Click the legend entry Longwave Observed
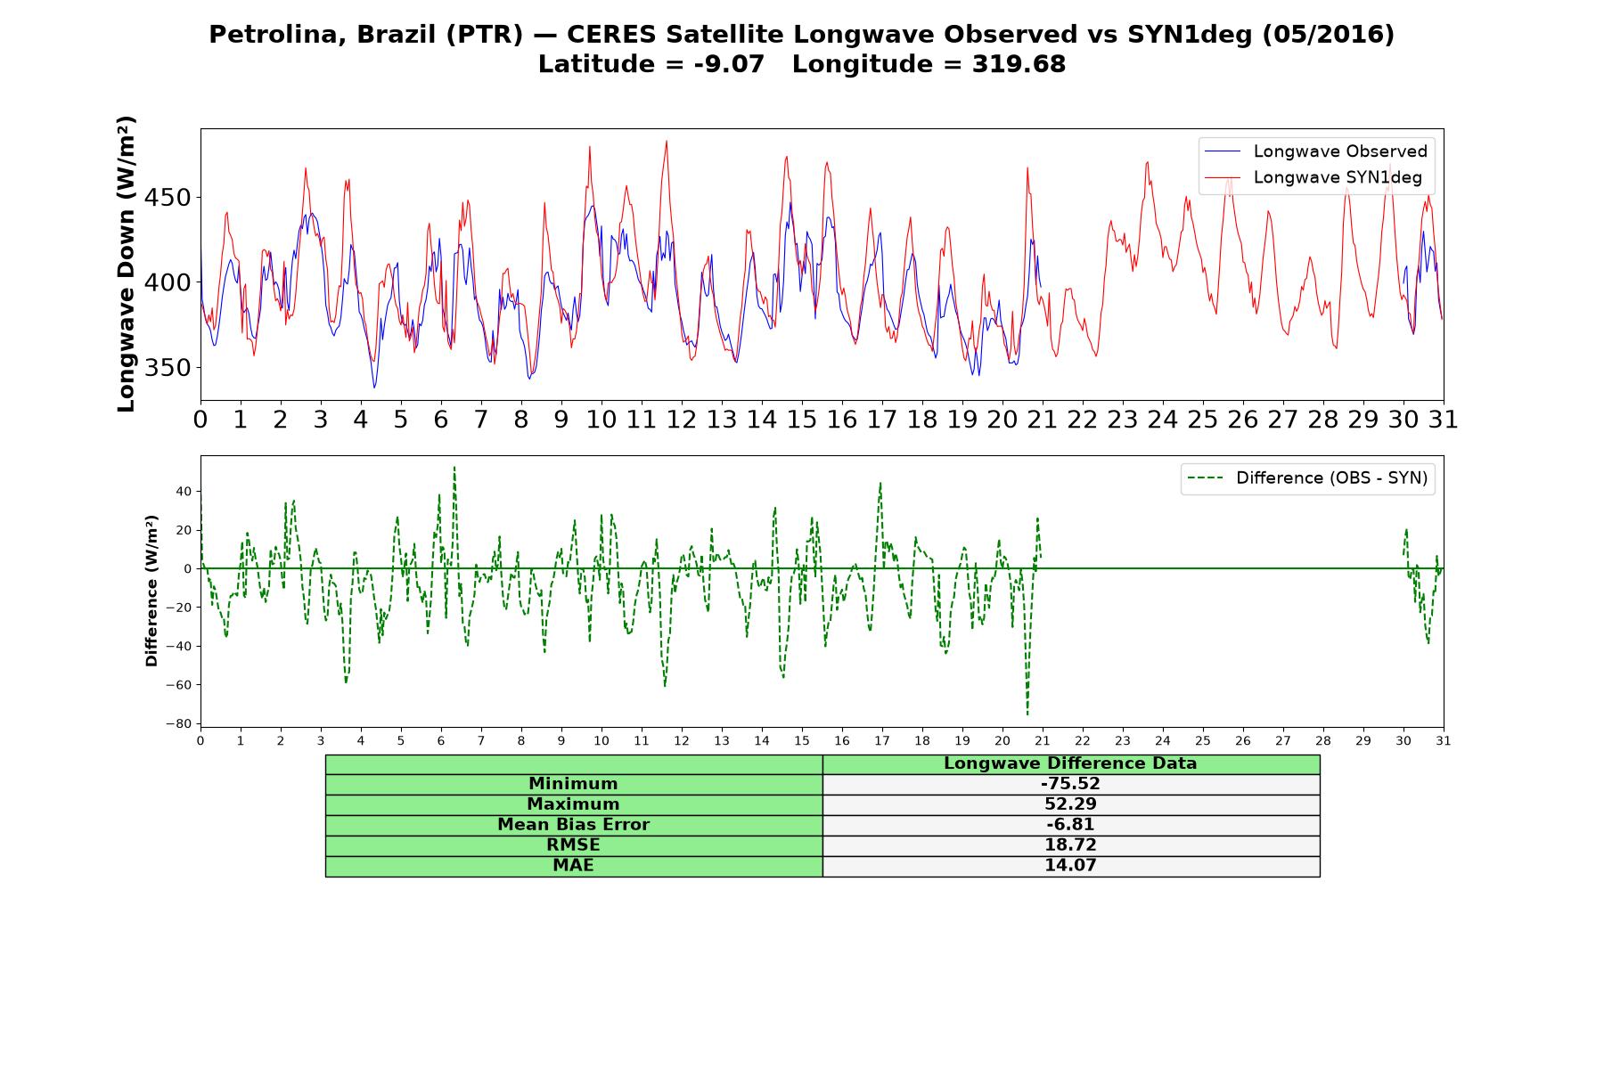pyautogui.click(x=1315, y=151)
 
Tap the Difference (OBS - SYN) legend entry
pyautogui.click(x=1307, y=478)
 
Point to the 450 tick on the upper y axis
pyautogui.click(x=168, y=197)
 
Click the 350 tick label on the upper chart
pyautogui.click(x=168, y=368)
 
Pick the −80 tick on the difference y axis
pyautogui.click(x=180, y=723)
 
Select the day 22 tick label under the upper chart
pyautogui.click(x=1083, y=419)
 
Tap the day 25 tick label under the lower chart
pyautogui.click(x=1203, y=741)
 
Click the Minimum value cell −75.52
pyautogui.click(x=1070, y=784)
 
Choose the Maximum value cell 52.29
pyautogui.click(x=1070, y=804)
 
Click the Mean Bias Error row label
pyautogui.click(x=573, y=825)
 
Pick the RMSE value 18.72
pyautogui.click(x=1070, y=845)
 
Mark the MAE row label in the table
pyautogui.click(x=573, y=866)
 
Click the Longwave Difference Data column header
pyautogui.click(x=1070, y=763)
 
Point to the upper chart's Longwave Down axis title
pyautogui.click(x=126, y=264)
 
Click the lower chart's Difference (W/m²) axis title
pyautogui.click(x=151, y=591)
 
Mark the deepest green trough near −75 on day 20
pyautogui.click(x=1027, y=714)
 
